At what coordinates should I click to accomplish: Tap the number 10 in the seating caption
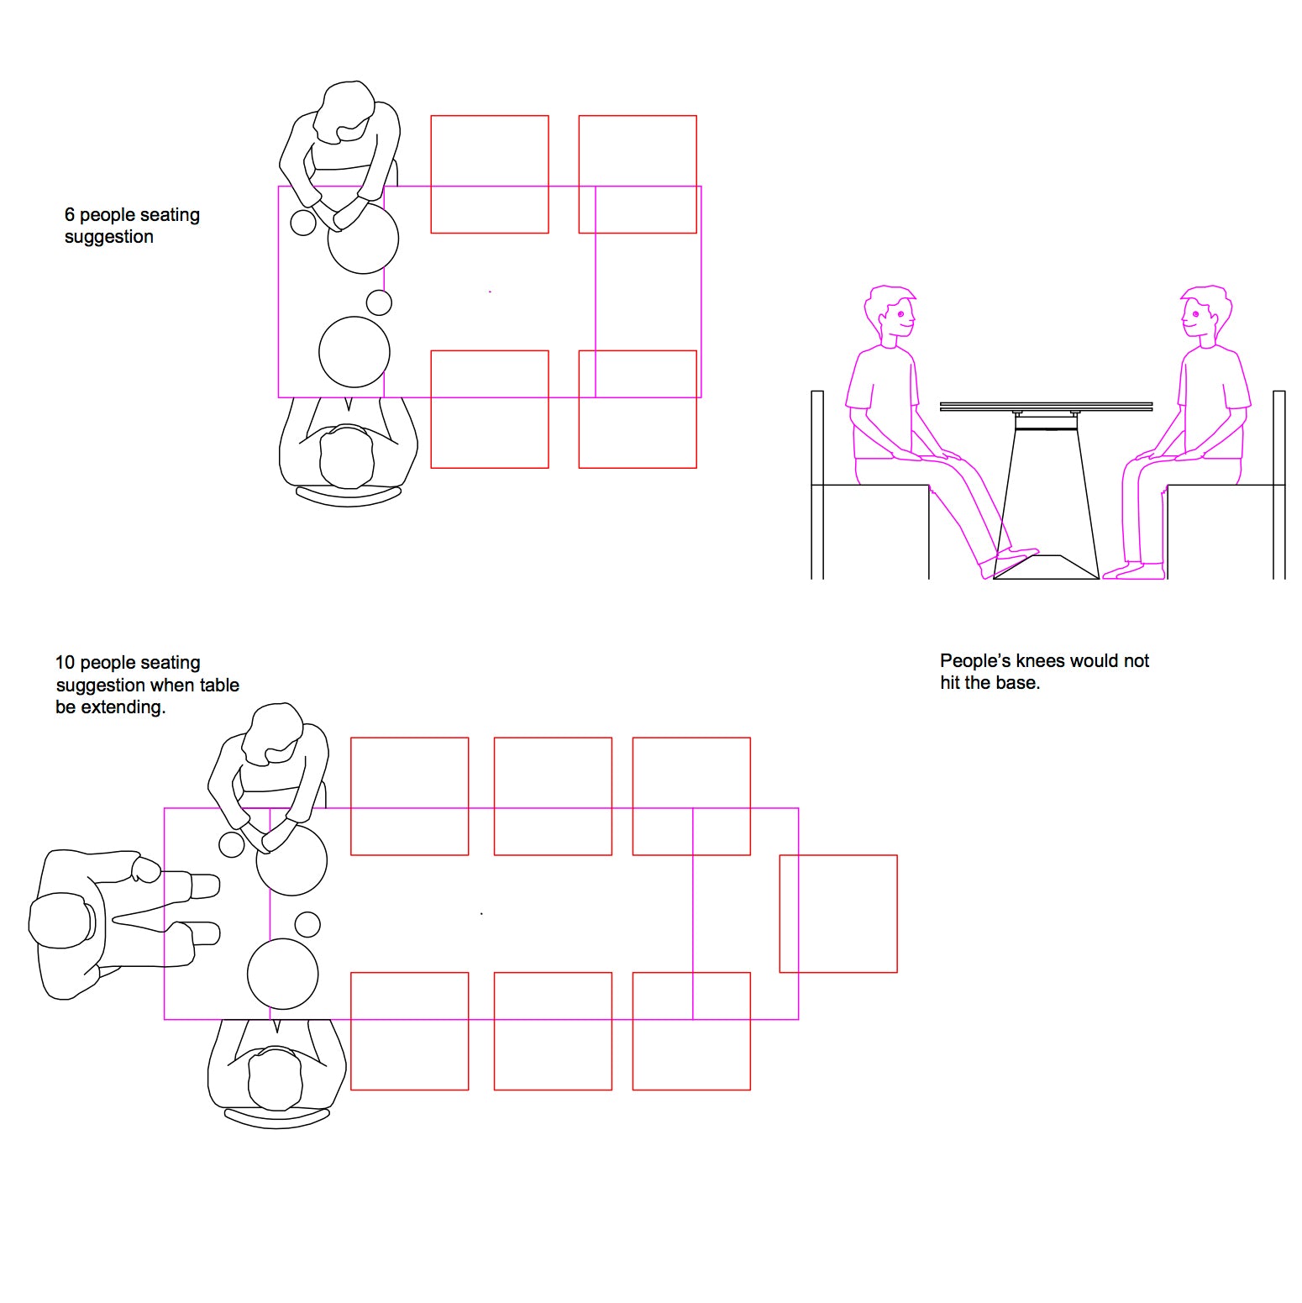pyautogui.click(x=65, y=663)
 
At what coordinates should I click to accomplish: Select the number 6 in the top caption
pyautogui.click(x=70, y=215)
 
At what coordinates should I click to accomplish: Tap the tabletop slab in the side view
pyautogui.click(x=1047, y=407)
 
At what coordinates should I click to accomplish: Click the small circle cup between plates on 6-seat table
pyautogui.click(x=379, y=302)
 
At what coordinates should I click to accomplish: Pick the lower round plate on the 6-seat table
pyautogui.click(x=354, y=352)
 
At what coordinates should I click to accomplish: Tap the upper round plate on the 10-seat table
pyautogui.click(x=291, y=860)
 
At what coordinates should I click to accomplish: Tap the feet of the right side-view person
pyautogui.click(x=1134, y=571)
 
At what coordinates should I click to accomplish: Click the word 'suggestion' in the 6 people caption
pyautogui.click(x=109, y=238)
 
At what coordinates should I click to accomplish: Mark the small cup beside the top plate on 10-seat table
pyautogui.click(x=232, y=844)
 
